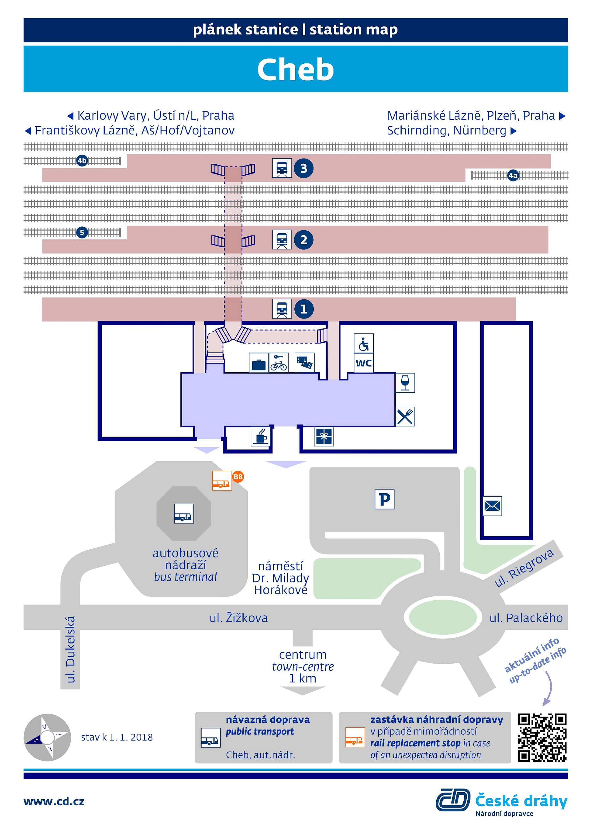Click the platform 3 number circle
[303, 168]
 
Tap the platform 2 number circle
[303, 240]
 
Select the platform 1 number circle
[303, 309]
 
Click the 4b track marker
[82, 160]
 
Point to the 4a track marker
[513, 175]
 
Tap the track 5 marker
[82, 232]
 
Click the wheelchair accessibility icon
[364, 343]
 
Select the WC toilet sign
[364, 363]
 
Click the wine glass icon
[405, 383]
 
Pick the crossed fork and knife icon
[405, 416]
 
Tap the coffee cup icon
[261, 436]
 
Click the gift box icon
[324, 436]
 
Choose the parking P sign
[384, 499]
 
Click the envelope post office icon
[492, 506]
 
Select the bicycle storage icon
[279, 363]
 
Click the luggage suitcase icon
[259, 363]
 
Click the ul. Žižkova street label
[238, 617]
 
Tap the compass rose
[47, 737]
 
